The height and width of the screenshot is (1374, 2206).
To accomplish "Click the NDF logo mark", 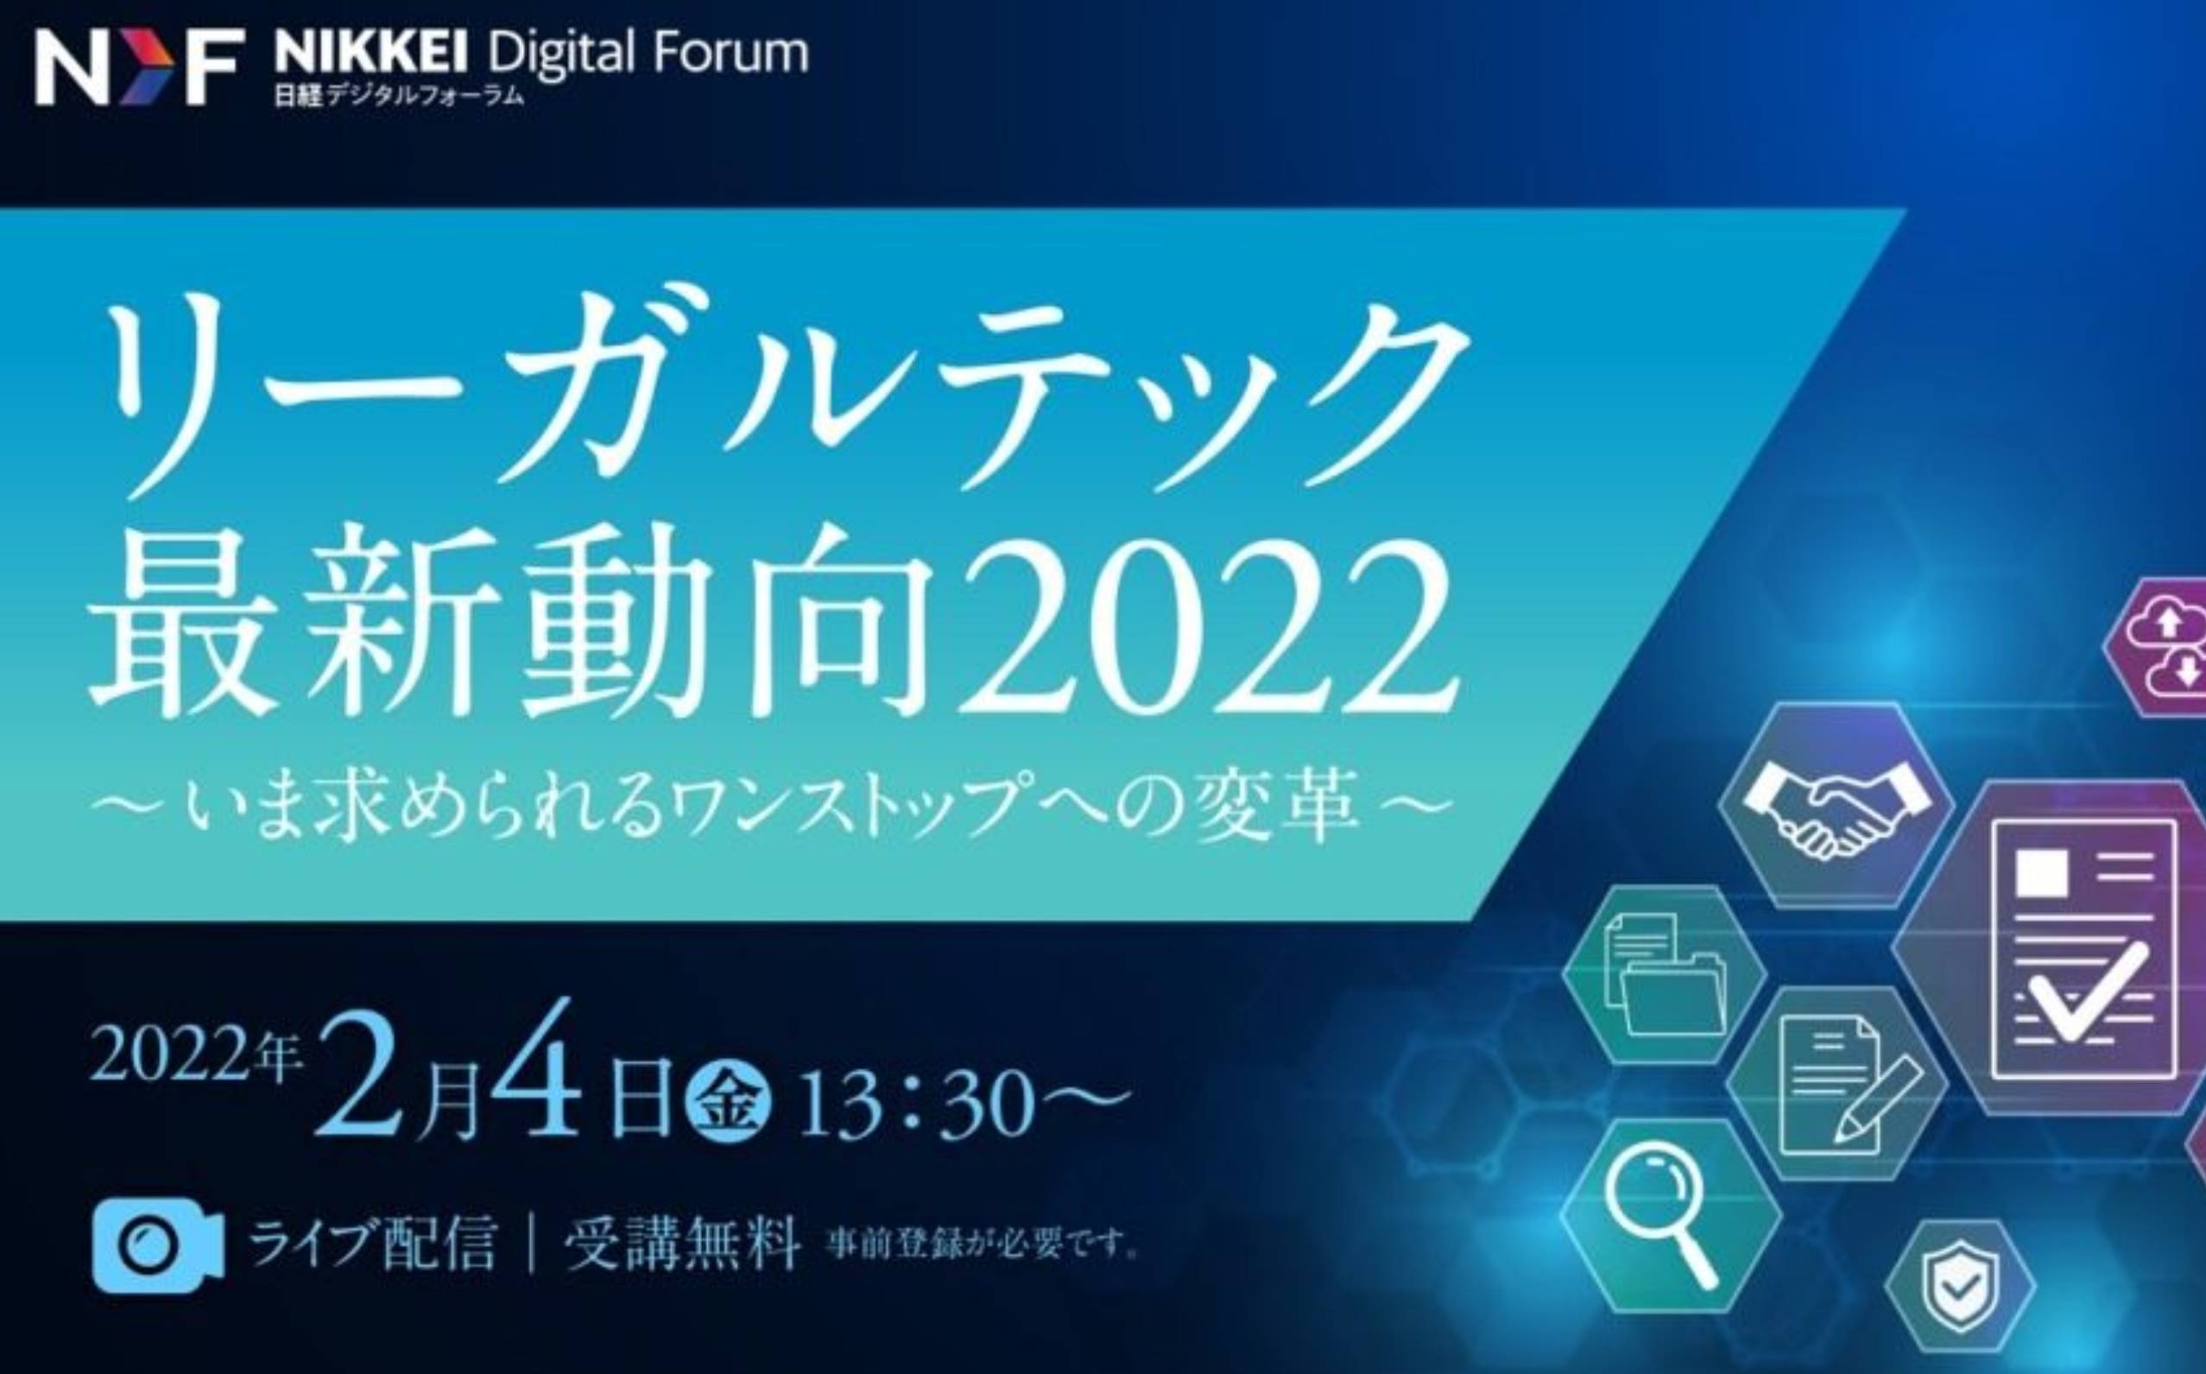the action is coord(140,66).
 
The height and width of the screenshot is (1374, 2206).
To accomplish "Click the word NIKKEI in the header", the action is coord(370,54).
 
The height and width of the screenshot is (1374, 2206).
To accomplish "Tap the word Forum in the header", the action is coord(730,54).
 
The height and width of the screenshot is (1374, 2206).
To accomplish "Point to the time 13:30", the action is coord(918,1102).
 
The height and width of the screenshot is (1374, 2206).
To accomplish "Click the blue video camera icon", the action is coord(158,1245).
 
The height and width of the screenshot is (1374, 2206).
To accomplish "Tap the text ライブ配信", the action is coord(372,1243).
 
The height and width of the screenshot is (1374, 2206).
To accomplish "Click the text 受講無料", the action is coord(681,1243).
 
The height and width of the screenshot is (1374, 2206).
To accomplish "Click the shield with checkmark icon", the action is coord(1961,1285).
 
